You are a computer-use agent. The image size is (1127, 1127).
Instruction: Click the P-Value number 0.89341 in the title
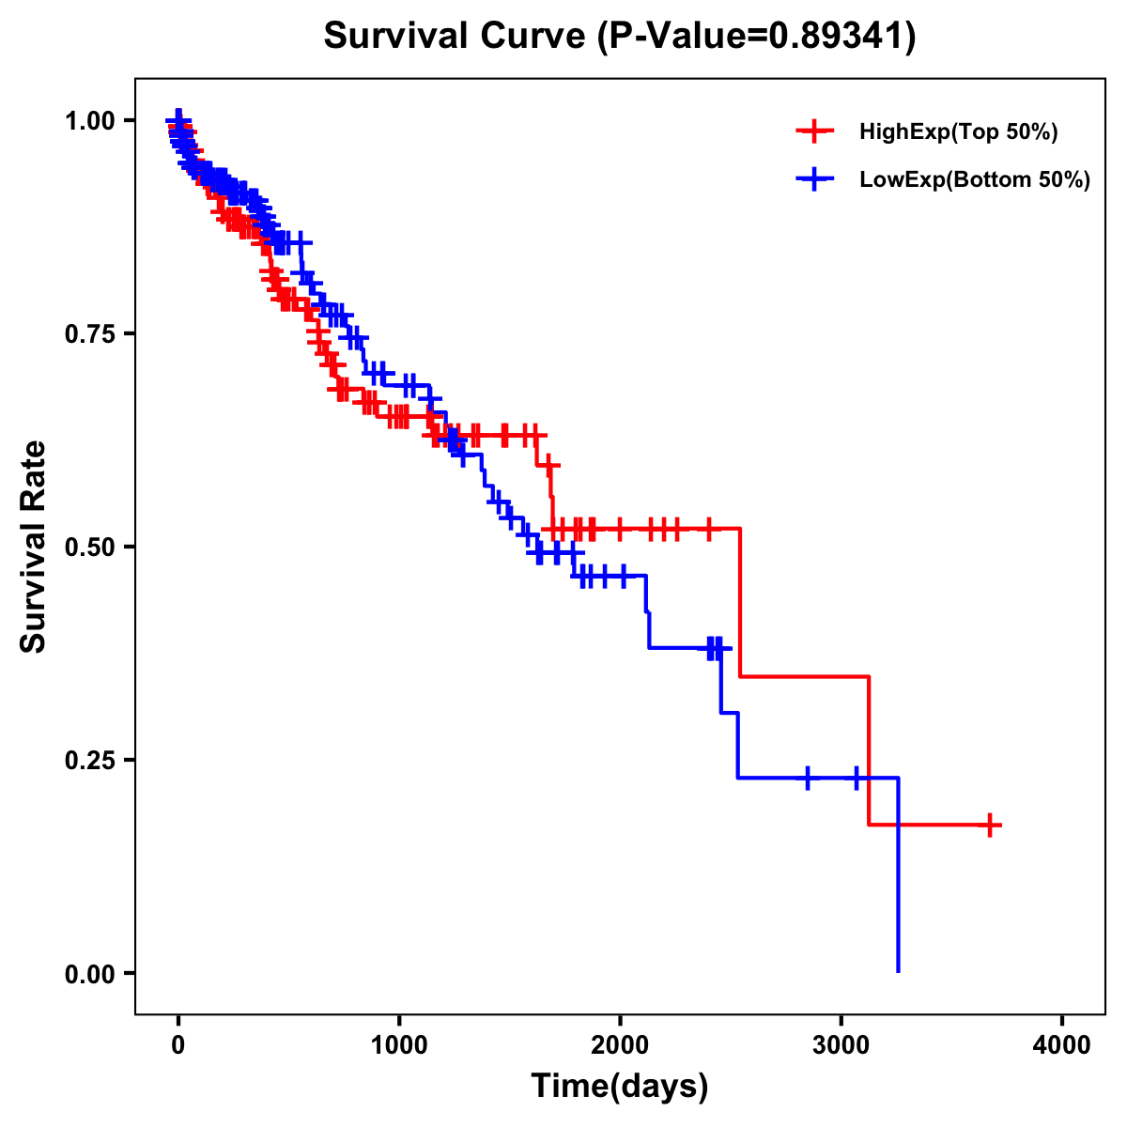point(838,37)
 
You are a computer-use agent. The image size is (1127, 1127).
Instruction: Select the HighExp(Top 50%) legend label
point(958,132)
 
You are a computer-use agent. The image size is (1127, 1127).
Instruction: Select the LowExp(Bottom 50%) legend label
point(975,179)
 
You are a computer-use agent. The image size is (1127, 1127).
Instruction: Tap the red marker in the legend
point(814,131)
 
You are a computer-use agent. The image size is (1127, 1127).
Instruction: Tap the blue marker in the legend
point(814,178)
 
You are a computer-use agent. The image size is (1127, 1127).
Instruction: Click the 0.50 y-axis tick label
point(91,548)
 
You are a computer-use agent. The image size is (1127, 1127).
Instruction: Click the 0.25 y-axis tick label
point(91,761)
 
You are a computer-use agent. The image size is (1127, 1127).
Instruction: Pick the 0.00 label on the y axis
point(91,974)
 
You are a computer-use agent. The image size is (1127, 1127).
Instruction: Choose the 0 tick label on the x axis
point(178,1044)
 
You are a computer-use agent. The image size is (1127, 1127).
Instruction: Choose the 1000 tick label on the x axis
point(399,1044)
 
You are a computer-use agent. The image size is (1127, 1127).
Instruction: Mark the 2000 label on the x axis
point(620,1044)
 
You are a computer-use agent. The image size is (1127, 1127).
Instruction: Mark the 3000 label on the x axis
point(841,1044)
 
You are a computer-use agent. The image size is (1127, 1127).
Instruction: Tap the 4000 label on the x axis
point(1062,1044)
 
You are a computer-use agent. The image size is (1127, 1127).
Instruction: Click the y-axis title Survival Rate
point(34,547)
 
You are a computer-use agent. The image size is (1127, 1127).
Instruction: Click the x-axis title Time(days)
point(620,1087)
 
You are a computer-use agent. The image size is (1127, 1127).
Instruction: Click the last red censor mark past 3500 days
point(989,825)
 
